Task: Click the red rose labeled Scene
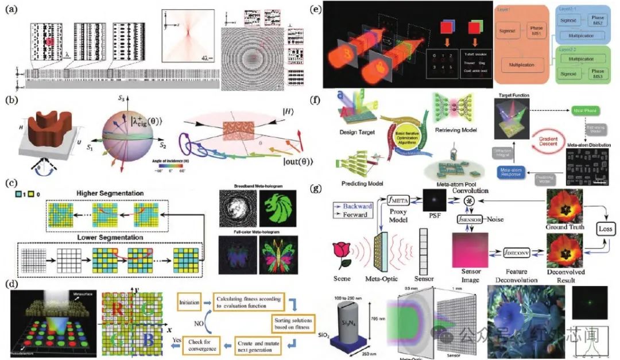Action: (x=345, y=254)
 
